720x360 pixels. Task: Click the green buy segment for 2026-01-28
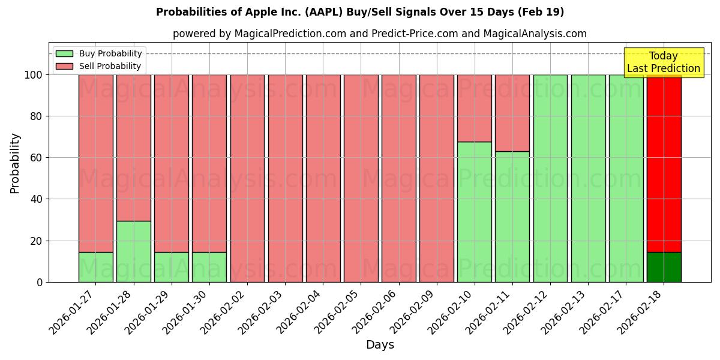[133, 251]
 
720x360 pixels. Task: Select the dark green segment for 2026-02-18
[664, 267]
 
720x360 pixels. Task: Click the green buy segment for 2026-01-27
[95, 267]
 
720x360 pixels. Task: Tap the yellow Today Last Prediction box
[663, 62]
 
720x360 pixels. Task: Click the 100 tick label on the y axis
[33, 75]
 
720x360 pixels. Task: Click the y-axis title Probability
[15, 163]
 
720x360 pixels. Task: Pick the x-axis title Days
[380, 345]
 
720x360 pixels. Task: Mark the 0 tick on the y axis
[40, 282]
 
